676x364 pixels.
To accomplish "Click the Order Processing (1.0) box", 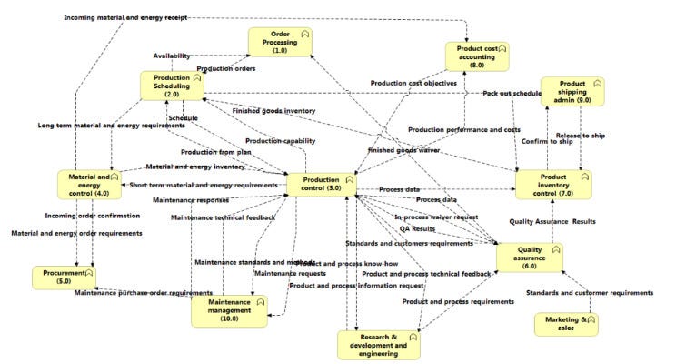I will coord(281,44).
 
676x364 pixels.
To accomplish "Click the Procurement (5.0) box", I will coord(64,277).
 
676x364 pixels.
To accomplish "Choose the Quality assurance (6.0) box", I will coord(529,258).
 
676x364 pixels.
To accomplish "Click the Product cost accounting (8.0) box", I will coord(477,56).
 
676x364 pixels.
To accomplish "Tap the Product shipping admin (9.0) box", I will coord(572,91).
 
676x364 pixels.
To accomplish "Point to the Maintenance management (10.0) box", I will coord(229,310).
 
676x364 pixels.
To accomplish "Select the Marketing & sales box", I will coord(566,325).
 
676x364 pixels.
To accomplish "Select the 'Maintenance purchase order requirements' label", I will coord(144,293).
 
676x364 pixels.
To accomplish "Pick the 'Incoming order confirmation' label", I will coord(93,216).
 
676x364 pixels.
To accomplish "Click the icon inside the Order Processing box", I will coord(305,34).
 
